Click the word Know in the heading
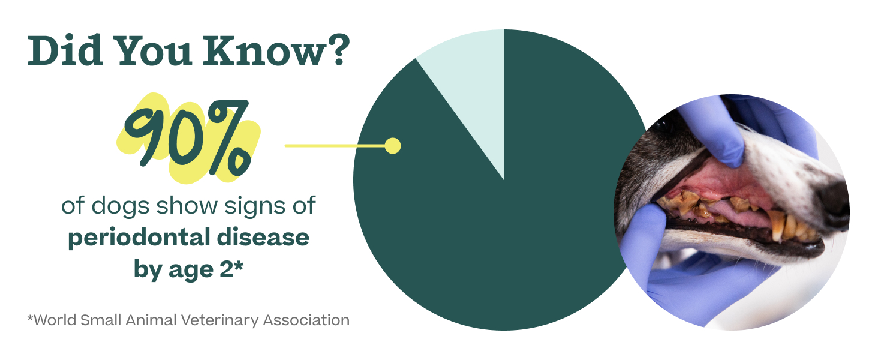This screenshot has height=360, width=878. point(264,52)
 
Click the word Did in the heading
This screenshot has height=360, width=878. point(65,50)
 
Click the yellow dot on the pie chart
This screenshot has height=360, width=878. point(393,146)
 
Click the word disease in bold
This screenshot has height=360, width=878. point(263,237)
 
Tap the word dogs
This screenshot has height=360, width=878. point(120,206)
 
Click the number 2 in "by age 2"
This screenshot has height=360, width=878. point(227,269)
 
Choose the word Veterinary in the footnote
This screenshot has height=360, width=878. point(220,320)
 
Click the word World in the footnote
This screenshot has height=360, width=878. point(55,320)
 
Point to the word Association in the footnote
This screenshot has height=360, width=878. point(306,320)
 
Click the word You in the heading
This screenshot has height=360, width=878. point(154,51)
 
